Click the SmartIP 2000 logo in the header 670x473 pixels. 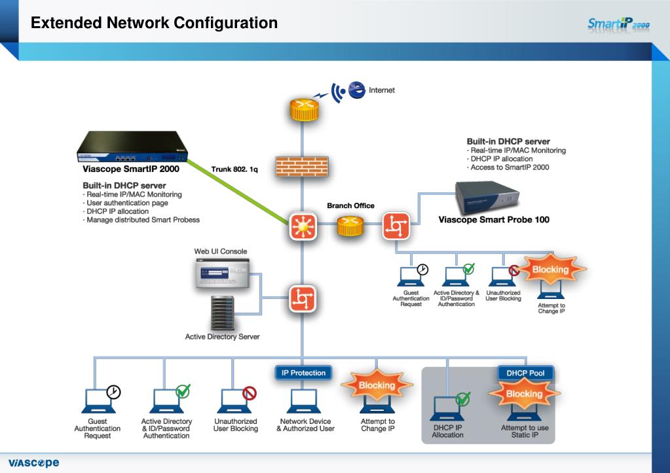coord(618,24)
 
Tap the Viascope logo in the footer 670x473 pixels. coord(34,463)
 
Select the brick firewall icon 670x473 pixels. coord(302,166)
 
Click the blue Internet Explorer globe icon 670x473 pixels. coord(357,90)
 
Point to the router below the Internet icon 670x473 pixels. coord(305,109)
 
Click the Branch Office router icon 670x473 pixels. coord(351,226)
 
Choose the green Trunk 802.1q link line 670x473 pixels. coord(238,192)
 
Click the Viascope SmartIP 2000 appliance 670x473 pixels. coord(132,147)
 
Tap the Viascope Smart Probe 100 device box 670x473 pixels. coord(487,198)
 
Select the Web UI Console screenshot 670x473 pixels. coord(222,272)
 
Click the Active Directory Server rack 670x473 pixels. coord(223,313)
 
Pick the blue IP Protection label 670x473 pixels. coord(303,373)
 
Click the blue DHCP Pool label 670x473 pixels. coord(525,373)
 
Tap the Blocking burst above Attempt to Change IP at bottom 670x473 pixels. coord(377,385)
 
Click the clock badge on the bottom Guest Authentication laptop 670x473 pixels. coord(114,392)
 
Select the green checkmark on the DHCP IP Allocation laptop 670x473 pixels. coord(463,399)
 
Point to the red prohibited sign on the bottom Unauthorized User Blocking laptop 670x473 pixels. coord(250,393)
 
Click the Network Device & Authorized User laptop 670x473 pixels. coord(304,401)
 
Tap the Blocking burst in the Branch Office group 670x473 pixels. coord(550,270)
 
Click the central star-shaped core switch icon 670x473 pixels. coord(303,226)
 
